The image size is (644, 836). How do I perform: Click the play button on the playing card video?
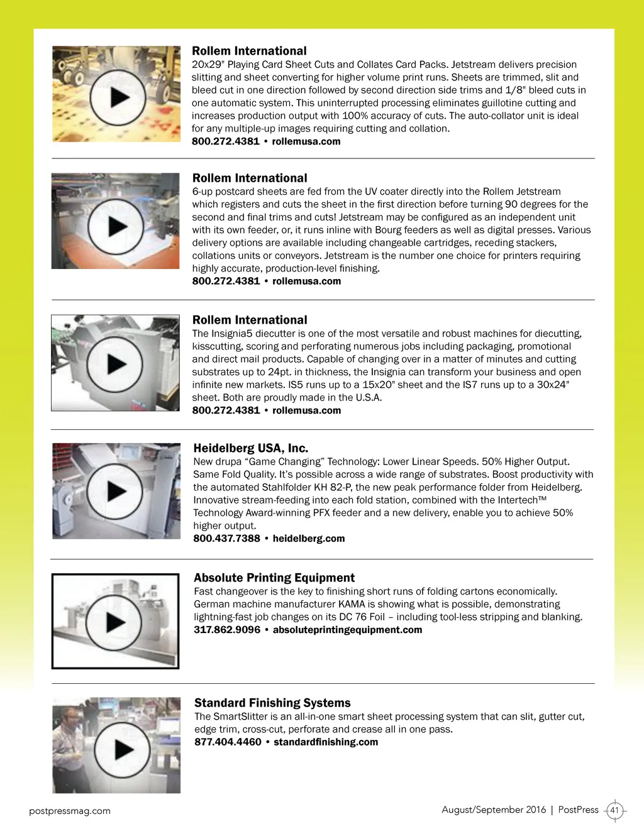tap(118, 97)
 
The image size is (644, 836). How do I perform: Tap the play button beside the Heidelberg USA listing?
tap(115, 492)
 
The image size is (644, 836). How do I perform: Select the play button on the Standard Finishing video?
tap(122, 749)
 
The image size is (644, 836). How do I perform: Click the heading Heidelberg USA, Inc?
tap(250, 448)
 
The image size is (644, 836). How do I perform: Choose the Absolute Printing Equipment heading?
tap(274, 578)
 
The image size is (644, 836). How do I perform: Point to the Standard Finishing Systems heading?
tap(272, 703)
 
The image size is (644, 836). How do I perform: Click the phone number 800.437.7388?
tap(226, 539)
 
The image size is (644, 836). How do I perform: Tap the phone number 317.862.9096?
tap(226, 630)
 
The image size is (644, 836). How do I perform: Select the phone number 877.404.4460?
tap(228, 742)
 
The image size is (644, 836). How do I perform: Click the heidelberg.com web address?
tap(308, 539)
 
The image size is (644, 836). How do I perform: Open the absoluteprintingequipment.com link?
tap(347, 630)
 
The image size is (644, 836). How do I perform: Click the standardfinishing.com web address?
tap(326, 742)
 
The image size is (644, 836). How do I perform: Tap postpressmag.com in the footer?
tap(70, 811)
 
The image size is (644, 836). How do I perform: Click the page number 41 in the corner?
tap(614, 810)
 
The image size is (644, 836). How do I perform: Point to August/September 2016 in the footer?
tap(494, 810)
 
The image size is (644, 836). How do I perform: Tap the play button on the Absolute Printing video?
tap(114, 622)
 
